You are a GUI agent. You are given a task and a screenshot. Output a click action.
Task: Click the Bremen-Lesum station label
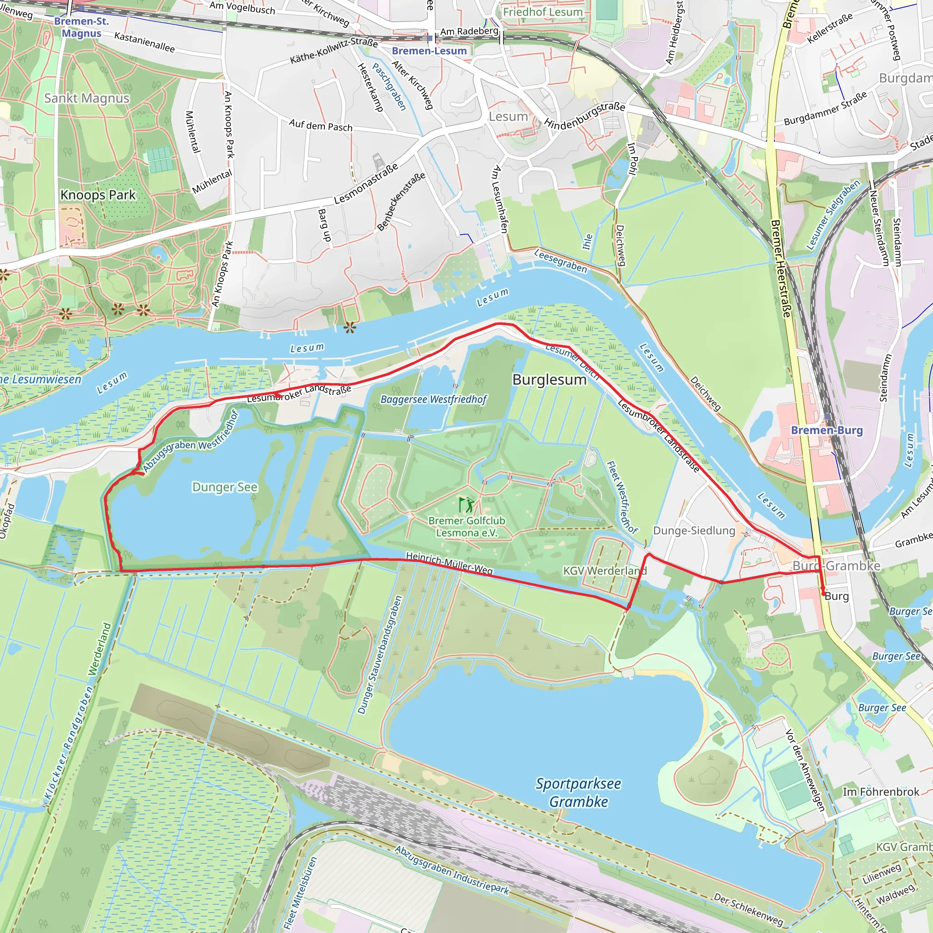[429, 51]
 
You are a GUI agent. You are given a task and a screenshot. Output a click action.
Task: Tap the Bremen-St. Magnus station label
[81, 27]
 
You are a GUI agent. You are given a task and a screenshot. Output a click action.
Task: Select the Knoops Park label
[98, 195]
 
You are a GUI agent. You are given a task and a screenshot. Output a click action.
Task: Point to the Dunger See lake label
[225, 487]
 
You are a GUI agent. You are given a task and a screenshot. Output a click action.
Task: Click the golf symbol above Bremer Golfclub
[466, 505]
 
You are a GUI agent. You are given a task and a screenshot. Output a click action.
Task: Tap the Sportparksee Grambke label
[578, 793]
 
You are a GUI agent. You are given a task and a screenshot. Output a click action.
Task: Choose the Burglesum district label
[549, 379]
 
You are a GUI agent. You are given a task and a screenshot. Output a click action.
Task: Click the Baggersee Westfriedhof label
[433, 400]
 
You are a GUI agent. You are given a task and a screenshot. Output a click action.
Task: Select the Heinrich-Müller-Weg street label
[449, 564]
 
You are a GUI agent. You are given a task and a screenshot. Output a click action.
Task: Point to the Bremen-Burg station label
[826, 430]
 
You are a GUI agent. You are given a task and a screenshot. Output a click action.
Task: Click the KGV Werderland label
[605, 571]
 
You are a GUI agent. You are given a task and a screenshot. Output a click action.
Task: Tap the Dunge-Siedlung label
[693, 531]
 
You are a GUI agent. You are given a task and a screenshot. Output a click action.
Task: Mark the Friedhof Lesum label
[542, 12]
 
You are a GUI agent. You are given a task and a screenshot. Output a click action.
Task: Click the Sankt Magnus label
[87, 98]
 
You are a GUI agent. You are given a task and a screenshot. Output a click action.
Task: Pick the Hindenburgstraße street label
[584, 115]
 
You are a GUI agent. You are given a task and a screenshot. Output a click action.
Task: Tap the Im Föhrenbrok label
[881, 792]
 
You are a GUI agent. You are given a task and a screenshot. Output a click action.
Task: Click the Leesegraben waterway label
[560, 261]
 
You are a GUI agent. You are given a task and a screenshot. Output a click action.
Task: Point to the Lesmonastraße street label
[366, 184]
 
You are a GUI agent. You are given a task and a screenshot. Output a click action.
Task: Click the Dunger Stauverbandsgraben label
[379, 655]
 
